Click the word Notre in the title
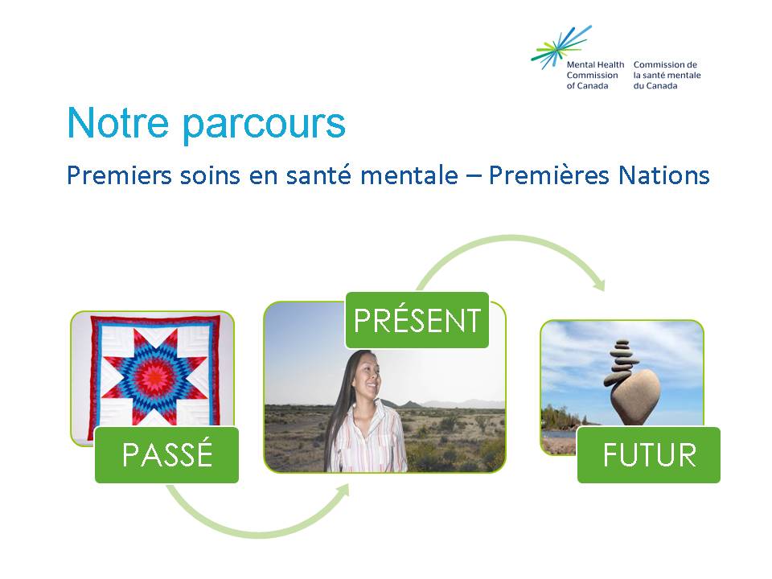117,122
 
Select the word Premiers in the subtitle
119,175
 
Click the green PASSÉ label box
167,454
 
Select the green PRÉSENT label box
417,320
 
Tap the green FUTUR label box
649,454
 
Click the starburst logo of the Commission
561,47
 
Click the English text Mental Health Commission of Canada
595,75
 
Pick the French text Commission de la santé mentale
667,70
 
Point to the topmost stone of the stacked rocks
622,343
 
